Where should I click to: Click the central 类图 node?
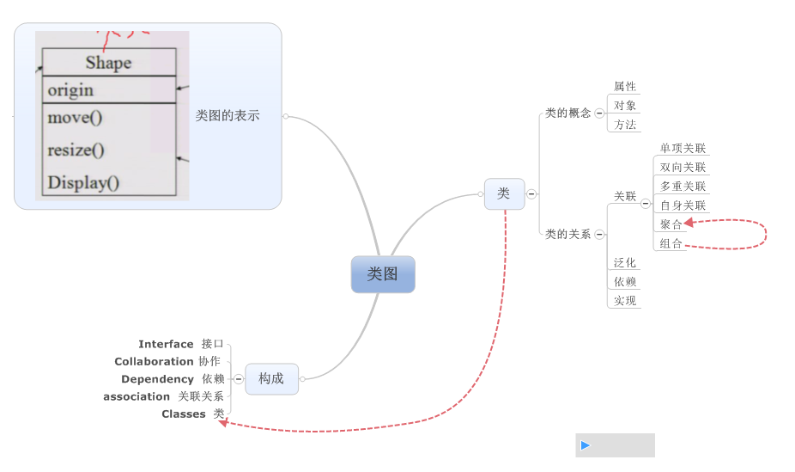[383, 274]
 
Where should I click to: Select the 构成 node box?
[271, 378]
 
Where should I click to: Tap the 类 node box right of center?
[504, 193]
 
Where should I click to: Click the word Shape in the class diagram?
[109, 63]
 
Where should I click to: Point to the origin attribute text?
[70, 90]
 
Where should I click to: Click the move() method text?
[75, 118]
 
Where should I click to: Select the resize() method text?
[76, 150]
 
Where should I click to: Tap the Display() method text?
[83, 182]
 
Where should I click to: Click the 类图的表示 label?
[228, 115]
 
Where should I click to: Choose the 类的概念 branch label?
[567, 113]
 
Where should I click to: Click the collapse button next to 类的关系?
[599, 234]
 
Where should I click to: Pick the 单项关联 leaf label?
[683, 149]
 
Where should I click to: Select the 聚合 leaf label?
[671, 224]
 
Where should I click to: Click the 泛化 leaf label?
[625, 263]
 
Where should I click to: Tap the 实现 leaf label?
[625, 301]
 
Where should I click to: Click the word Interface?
[166, 344]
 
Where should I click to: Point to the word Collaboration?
[154, 362]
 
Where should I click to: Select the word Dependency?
[157, 379]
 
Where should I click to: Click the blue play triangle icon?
[586, 445]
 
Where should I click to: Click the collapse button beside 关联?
[646, 204]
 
